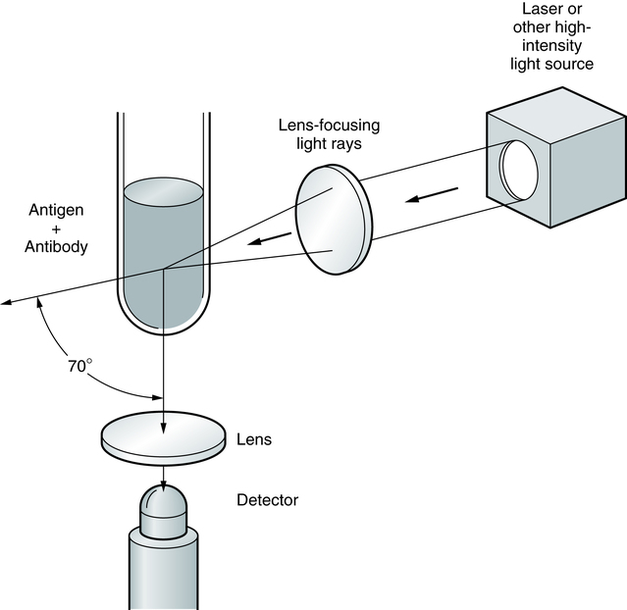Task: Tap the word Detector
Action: [267, 500]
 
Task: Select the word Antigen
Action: [56, 210]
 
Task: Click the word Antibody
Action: [56, 246]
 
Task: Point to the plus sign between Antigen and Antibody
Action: [56, 229]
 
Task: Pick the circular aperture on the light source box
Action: [519, 170]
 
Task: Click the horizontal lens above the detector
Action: [163, 438]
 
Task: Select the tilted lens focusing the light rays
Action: [334, 220]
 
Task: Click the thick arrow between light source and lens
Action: [432, 195]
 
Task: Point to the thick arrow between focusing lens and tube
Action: [269, 238]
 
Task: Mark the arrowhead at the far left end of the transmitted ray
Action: [7, 303]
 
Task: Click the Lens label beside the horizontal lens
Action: [254, 439]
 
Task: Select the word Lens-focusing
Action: [329, 126]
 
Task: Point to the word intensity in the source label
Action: [552, 45]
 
